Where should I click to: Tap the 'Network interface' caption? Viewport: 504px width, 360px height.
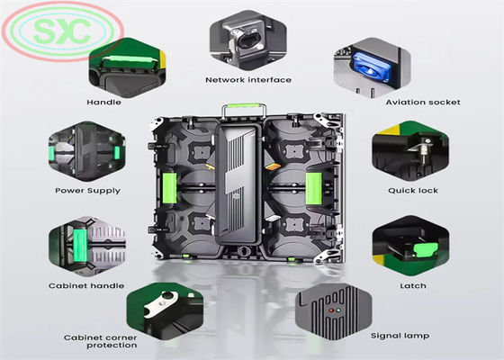coord(247,80)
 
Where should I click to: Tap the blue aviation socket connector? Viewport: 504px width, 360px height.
coord(366,63)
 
